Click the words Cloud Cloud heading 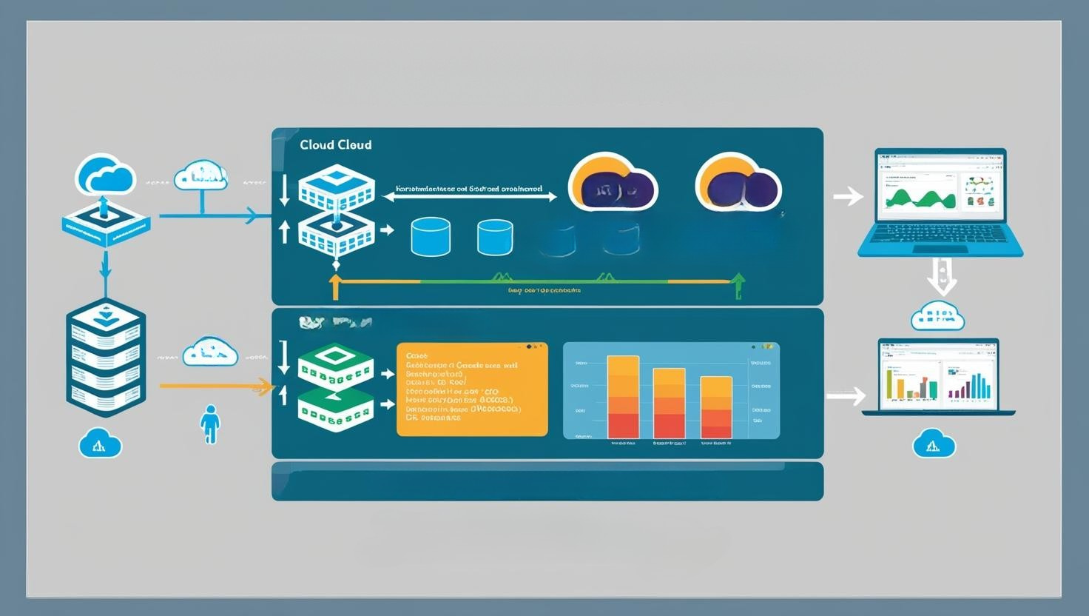[336, 145]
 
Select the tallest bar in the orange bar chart [623, 397]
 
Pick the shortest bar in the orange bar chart [715, 407]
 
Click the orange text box [472, 389]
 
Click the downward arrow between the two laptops [942, 275]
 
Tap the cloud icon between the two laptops [937, 316]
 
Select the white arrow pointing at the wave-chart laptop [848, 196]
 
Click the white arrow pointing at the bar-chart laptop [846, 396]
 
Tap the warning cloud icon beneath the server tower [100, 443]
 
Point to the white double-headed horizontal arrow [470, 198]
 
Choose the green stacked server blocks [335, 387]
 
